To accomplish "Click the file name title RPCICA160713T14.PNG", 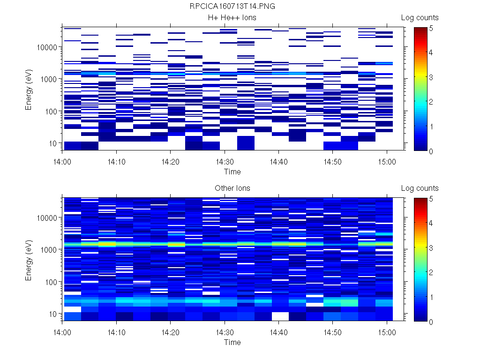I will click(x=232, y=7).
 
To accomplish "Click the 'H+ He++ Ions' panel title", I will click(x=232, y=18).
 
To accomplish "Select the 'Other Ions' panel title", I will click(x=232, y=188).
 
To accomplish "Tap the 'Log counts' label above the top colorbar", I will click(x=420, y=18).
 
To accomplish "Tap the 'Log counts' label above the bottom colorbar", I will click(x=420, y=188).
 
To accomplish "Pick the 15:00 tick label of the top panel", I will click(x=386, y=160).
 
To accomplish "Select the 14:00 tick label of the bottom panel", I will click(x=62, y=331).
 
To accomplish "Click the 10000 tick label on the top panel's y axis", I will click(x=47, y=47).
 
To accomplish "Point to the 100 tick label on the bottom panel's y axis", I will click(x=51, y=282).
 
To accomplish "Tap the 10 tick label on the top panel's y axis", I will click(x=52, y=143).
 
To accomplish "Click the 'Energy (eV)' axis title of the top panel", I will click(x=29, y=89).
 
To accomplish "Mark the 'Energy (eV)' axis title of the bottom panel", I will click(x=29, y=260).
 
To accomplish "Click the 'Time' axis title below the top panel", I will click(x=232, y=172).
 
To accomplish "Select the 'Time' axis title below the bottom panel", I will click(x=232, y=342).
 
